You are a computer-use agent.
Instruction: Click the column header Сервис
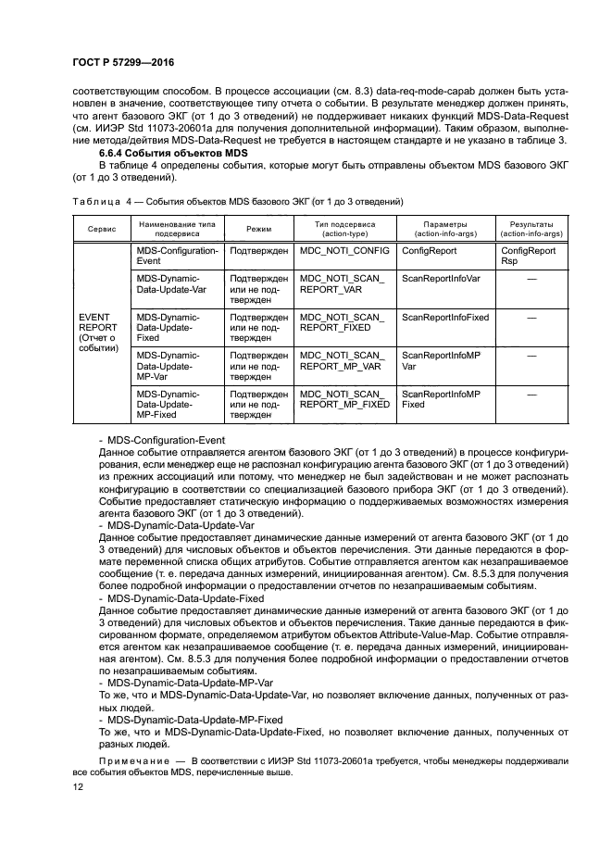pos(101,228)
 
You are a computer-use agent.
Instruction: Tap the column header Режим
pos(258,228)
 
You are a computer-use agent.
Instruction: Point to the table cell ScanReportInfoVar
pos(441,278)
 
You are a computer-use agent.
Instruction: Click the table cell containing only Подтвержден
pos(258,250)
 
